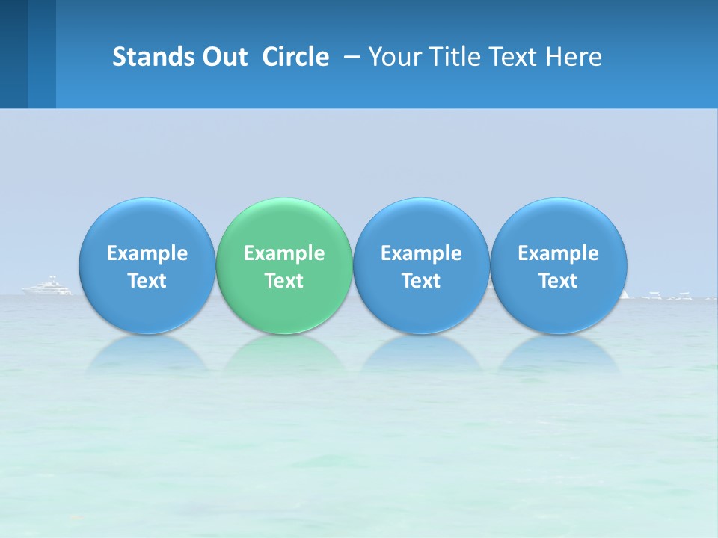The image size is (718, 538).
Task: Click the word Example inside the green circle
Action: pyautogui.click(x=284, y=253)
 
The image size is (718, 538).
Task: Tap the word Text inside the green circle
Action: pyautogui.click(x=284, y=281)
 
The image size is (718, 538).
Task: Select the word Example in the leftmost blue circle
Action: pyautogui.click(x=147, y=253)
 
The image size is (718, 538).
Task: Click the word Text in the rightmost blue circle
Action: pyautogui.click(x=558, y=281)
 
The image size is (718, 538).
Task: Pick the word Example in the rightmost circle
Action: pyautogui.click(x=558, y=253)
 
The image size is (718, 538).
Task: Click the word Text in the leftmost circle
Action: pyautogui.click(x=147, y=281)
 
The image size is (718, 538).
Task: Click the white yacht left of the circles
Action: pyautogui.click(x=48, y=286)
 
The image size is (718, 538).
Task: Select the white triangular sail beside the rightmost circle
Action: pyautogui.click(x=625, y=294)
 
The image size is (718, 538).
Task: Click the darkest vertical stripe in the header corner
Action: pyautogui.click(x=13, y=54)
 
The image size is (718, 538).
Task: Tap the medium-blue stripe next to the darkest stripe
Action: pyautogui.click(x=42, y=54)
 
